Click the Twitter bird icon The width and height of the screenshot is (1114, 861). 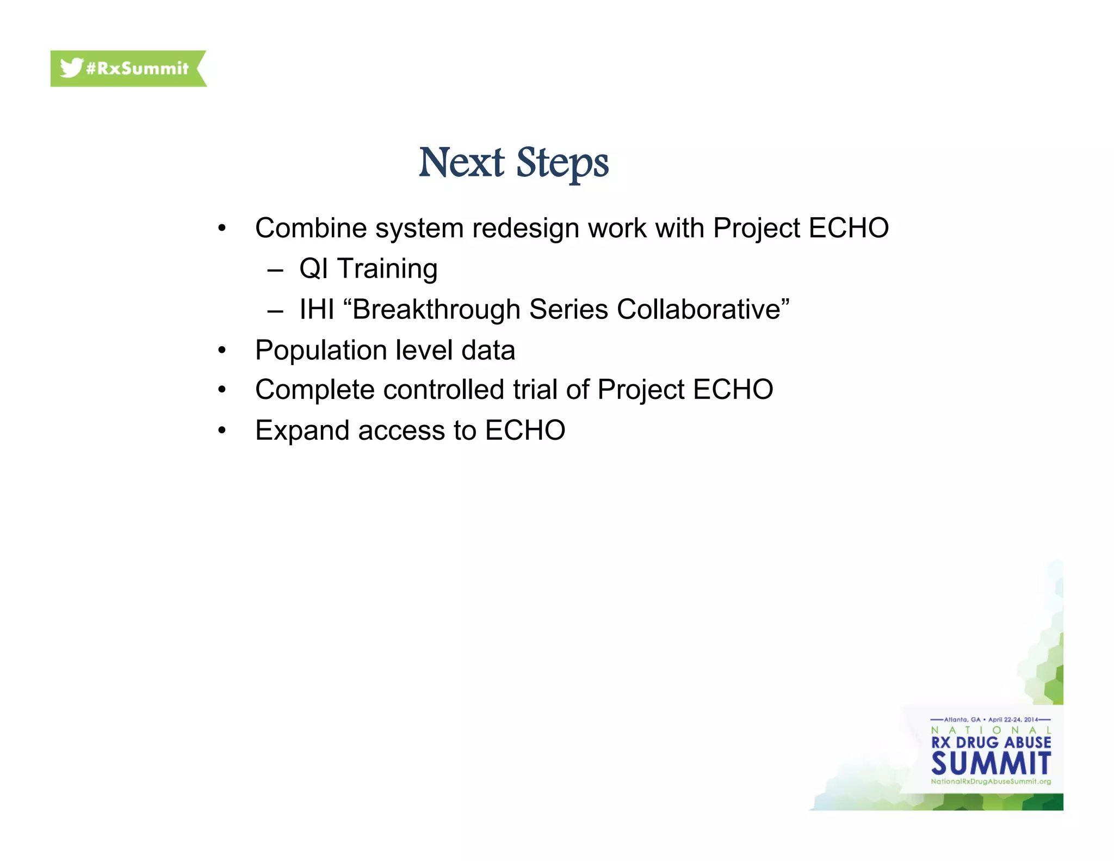point(71,68)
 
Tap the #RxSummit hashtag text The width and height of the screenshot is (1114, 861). point(137,69)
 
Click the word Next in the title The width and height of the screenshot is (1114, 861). point(461,163)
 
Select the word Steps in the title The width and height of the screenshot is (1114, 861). point(562,163)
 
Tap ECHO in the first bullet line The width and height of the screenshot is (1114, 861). point(849,228)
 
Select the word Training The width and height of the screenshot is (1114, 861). point(387,269)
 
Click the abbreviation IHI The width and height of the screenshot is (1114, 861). point(317,310)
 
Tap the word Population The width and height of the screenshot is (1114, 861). point(321,350)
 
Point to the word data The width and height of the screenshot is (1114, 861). point(488,350)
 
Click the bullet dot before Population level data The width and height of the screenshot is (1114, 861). point(221,350)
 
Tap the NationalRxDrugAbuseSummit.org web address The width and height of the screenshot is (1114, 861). point(991,782)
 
